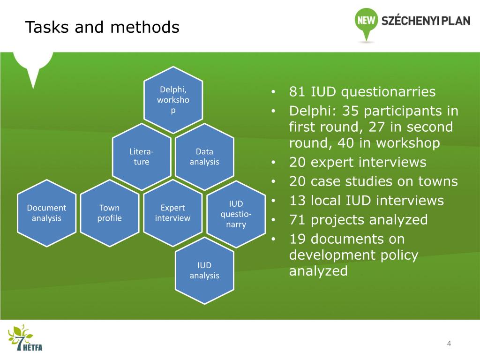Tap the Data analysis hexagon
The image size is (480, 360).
coord(204,157)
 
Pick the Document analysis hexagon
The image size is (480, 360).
coord(46,213)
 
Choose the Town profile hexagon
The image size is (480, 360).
coord(110,213)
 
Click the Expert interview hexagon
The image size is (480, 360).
coord(172,213)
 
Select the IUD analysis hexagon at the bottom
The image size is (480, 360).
coord(204,270)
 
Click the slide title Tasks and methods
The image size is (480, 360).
coord(102,28)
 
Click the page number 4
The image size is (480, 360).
coord(449,344)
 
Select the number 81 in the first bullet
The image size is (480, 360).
coord(297,92)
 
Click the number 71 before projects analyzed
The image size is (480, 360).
coord(297,220)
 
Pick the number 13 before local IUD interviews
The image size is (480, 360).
coord(297,201)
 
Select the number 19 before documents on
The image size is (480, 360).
coord(297,239)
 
